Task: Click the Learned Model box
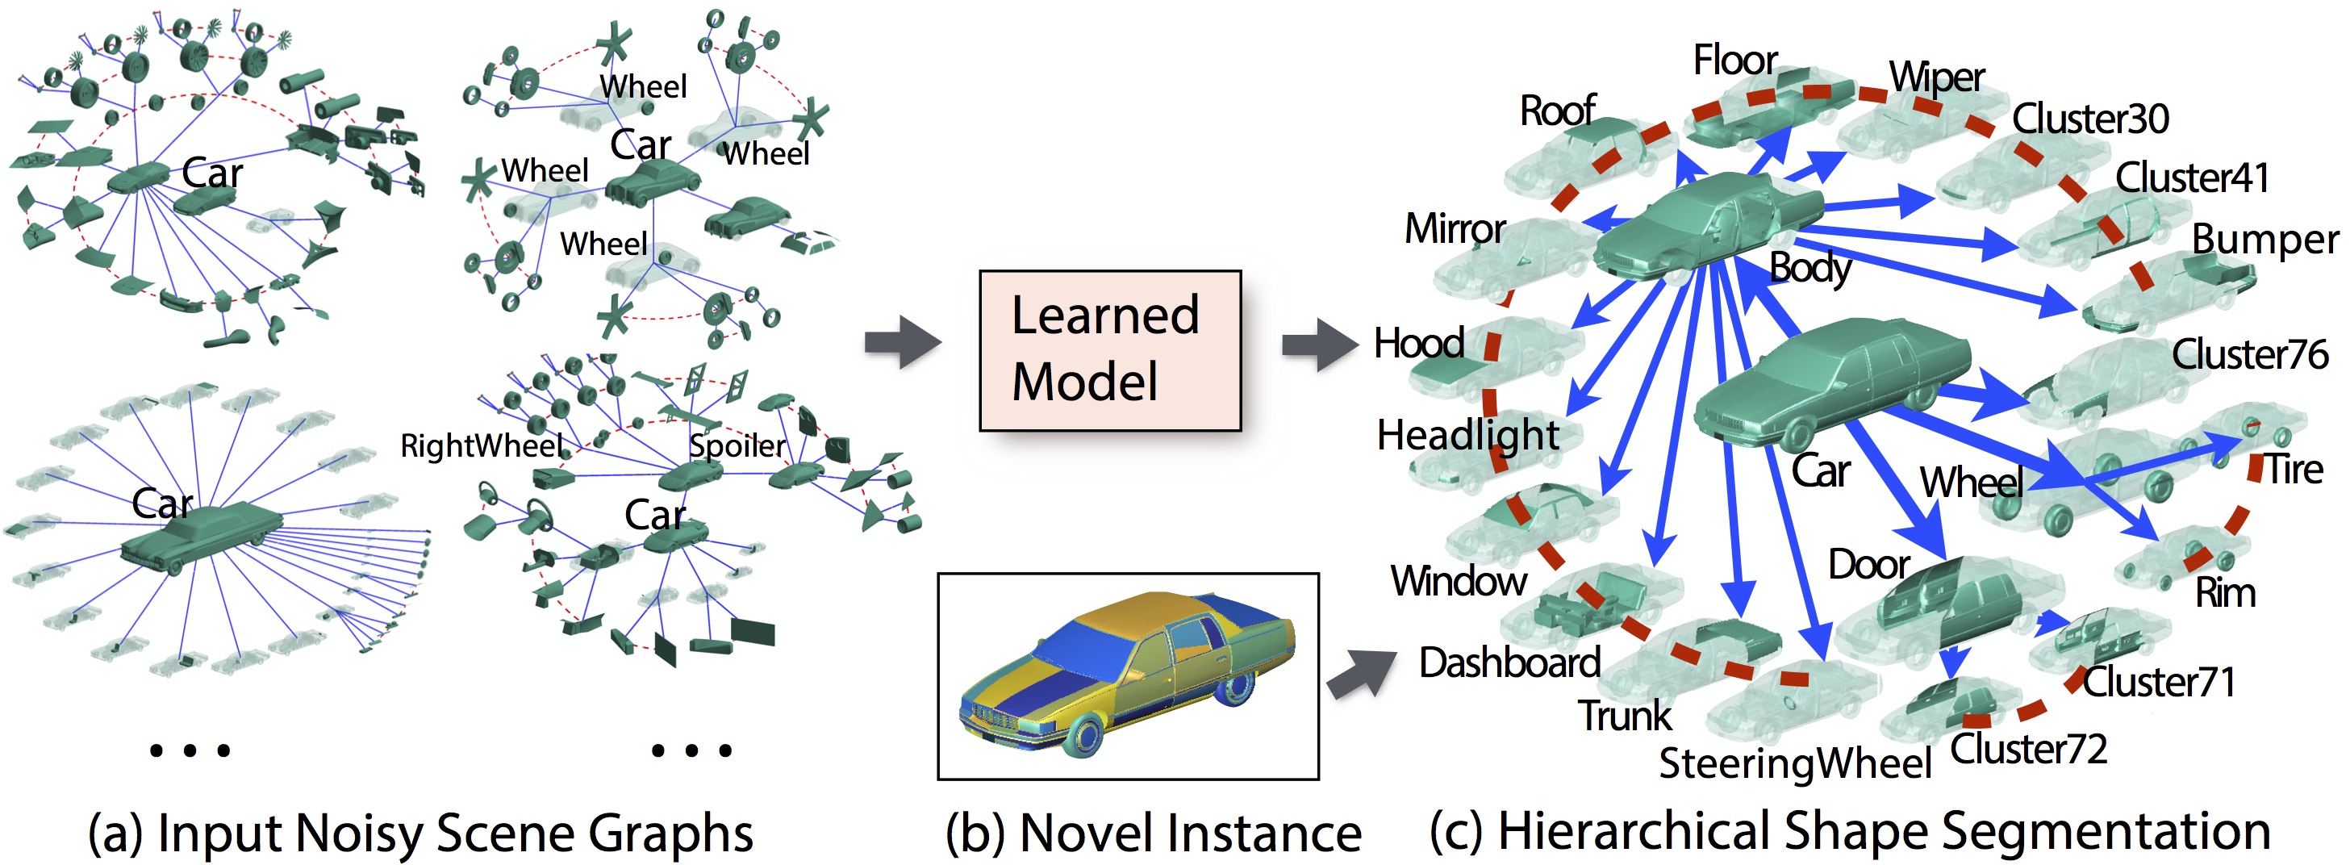point(1109,349)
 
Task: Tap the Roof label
point(1557,111)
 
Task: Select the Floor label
point(1734,61)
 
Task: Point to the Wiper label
point(1936,77)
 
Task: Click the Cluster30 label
point(2090,119)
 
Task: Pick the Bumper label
point(2264,239)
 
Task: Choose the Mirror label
point(1455,228)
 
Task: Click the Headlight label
point(1467,435)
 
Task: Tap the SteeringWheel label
point(1794,763)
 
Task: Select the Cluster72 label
point(2028,749)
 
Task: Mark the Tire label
point(2294,470)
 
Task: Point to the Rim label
point(2225,593)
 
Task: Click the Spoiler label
point(737,445)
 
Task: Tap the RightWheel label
point(482,445)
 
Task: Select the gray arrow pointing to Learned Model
point(902,342)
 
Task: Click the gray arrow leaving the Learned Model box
point(1319,345)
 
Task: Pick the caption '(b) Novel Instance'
point(1152,833)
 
